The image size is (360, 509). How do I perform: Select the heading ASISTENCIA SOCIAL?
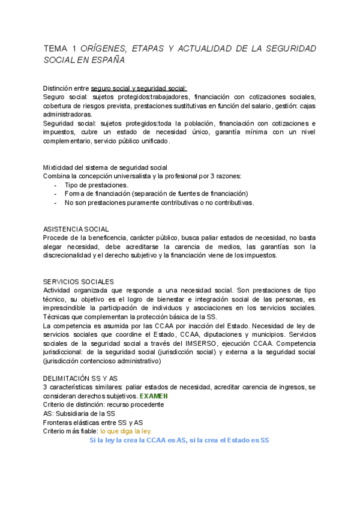pos(76,229)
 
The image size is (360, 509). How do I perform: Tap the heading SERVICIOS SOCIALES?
pos(79,282)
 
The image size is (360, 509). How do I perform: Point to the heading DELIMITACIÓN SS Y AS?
pos(80,378)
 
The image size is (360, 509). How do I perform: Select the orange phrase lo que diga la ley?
pos(126,431)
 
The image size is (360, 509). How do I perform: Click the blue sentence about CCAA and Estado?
pos(179,440)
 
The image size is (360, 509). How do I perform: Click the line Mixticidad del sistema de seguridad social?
pos(106,167)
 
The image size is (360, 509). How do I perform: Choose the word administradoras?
pos(68,114)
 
